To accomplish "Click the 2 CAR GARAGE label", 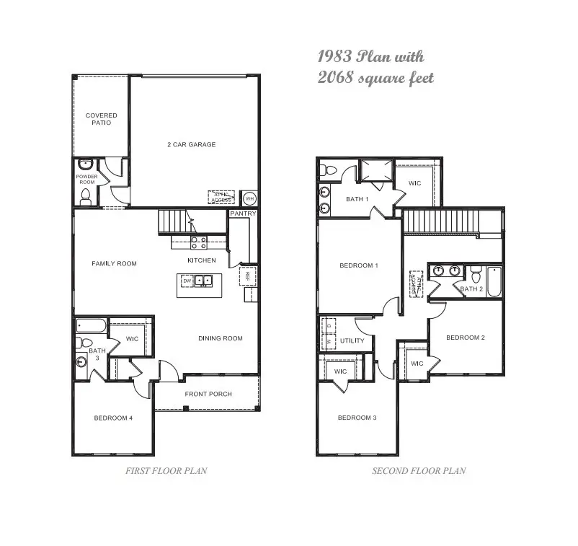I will coord(191,144).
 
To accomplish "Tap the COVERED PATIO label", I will coord(101,119).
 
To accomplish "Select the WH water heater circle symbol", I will coord(249,198).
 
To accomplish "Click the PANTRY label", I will coord(243,214).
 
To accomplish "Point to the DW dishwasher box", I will coord(186,281).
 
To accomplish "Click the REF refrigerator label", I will coord(245,275).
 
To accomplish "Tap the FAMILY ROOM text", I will coord(114,263).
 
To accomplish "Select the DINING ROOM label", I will coord(221,338).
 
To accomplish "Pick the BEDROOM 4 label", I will coord(112,418).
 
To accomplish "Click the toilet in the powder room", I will coord(86,195).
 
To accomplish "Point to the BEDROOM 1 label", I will coord(358,265).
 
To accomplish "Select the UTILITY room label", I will coord(352,340).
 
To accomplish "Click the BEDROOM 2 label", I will coord(465,338).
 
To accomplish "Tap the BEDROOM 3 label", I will coord(357,418).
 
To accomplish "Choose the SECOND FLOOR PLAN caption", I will coord(419,471).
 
